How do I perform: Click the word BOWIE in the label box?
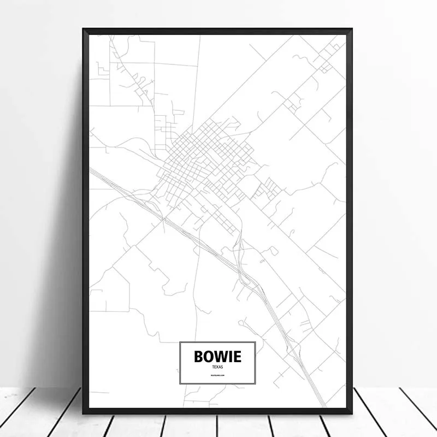click(217, 357)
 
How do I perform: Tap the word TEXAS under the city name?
click(217, 367)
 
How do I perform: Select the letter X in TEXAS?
click(217, 367)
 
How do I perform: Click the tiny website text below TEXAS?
click(217, 376)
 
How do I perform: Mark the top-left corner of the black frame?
click(83, 29)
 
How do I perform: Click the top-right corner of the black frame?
click(352, 29)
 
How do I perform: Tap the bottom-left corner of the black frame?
click(83, 413)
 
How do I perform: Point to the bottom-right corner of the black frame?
click(352, 413)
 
